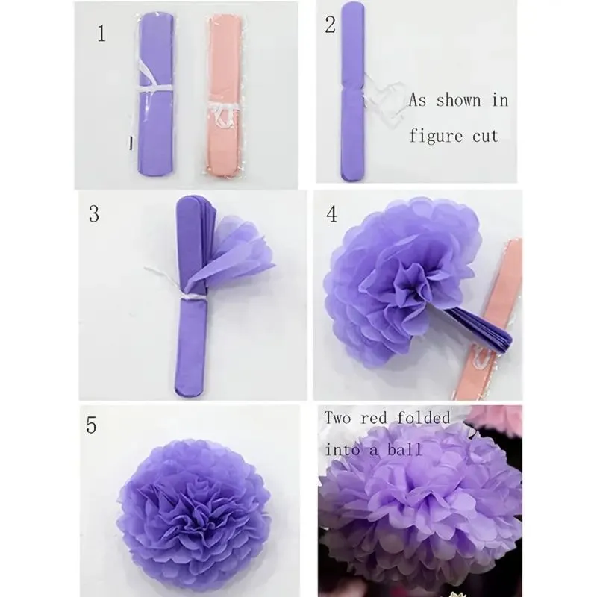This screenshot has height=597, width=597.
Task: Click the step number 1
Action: point(101,34)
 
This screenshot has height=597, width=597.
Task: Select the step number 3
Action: point(94,214)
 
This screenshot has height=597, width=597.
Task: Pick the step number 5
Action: point(92,425)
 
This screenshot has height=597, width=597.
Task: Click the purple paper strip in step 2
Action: point(350,97)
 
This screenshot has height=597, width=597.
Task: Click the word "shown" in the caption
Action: point(460,100)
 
